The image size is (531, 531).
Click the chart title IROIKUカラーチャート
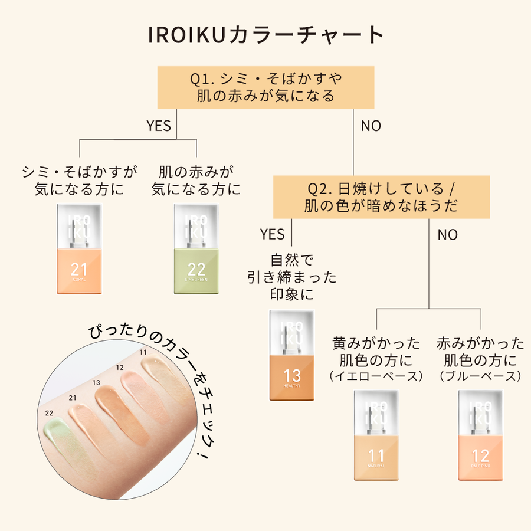(x=265, y=35)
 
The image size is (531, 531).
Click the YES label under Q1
(x=158, y=126)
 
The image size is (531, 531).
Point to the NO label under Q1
(x=371, y=126)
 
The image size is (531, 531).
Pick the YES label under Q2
(x=272, y=235)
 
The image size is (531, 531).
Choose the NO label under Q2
(x=447, y=235)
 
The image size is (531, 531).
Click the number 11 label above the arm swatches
(x=143, y=352)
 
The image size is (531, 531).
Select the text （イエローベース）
(x=376, y=376)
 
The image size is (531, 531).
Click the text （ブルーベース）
(x=481, y=376)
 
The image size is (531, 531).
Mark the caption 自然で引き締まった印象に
(x=292, y=277)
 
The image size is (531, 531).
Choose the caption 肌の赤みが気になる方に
(x=196, y=181)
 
